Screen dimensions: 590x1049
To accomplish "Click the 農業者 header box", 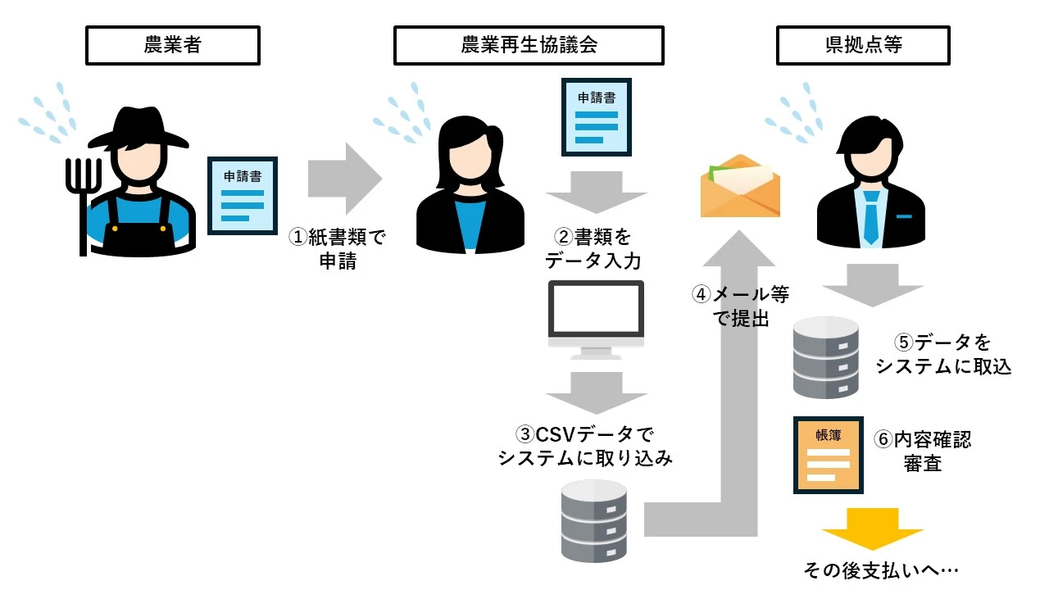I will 173,45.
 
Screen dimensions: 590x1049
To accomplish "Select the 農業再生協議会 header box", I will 529,45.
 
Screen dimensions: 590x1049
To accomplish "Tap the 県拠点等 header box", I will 863,45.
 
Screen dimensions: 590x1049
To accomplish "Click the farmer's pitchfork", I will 84,197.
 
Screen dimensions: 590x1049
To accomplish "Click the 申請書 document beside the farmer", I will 242,196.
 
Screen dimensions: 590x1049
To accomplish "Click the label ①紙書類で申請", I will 337,249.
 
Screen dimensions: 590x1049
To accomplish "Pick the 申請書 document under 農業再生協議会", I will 597,117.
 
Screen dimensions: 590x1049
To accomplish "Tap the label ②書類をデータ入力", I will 597,249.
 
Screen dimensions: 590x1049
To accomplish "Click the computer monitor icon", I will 596,318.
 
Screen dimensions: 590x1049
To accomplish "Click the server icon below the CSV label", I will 596,520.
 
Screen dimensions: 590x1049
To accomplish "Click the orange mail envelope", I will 739,187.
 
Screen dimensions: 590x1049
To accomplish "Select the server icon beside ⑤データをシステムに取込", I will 825,359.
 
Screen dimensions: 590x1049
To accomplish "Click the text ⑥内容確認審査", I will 923,451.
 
